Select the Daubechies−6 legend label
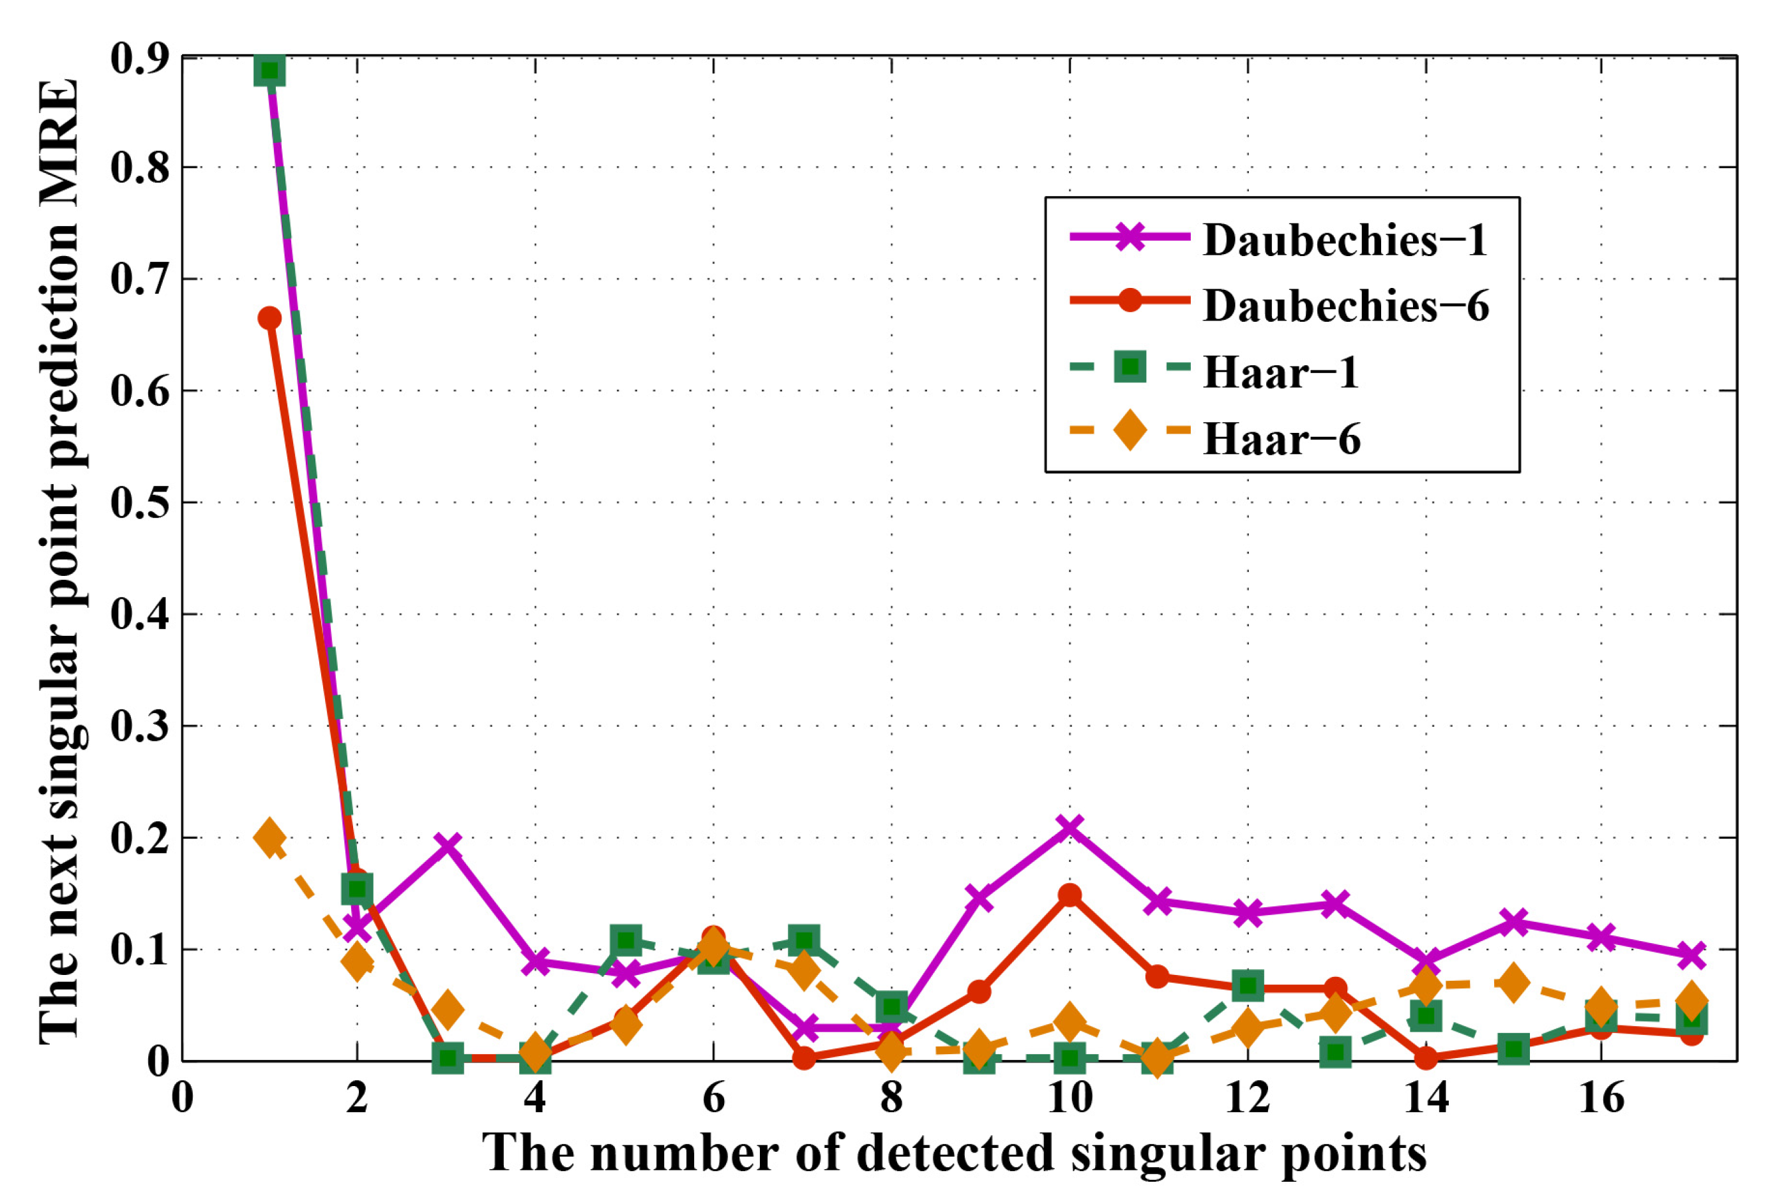pyautogui.click(x=1346, y=306)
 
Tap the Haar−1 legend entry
pyautogui.click(x=1281, y=372)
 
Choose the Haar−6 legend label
pyautogui.click(x=1282, y=439)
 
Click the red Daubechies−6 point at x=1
pyautogui.click(x=269, y=318)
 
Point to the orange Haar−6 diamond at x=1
pyautogui.click(x=269, y=838)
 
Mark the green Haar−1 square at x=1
pyautogui.click(x=269, y=70)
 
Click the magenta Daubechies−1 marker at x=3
pyautogui.click(x=448, y=845)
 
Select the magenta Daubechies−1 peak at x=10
pyautogui.click(x=1070, y=827)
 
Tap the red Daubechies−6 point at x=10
pyautogui.click(x=1070, y=895)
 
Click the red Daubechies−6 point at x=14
pyautogui.click(x=1425, y=1058)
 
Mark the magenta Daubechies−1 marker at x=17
pyautogui.click(x=1691, y=956)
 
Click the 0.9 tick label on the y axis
pyautogui.click(x=140, y=58)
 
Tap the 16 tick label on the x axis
pyautogui.click(x=1601, y=1099)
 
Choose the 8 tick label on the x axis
pyautogui.click(x=891, y=1099)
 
